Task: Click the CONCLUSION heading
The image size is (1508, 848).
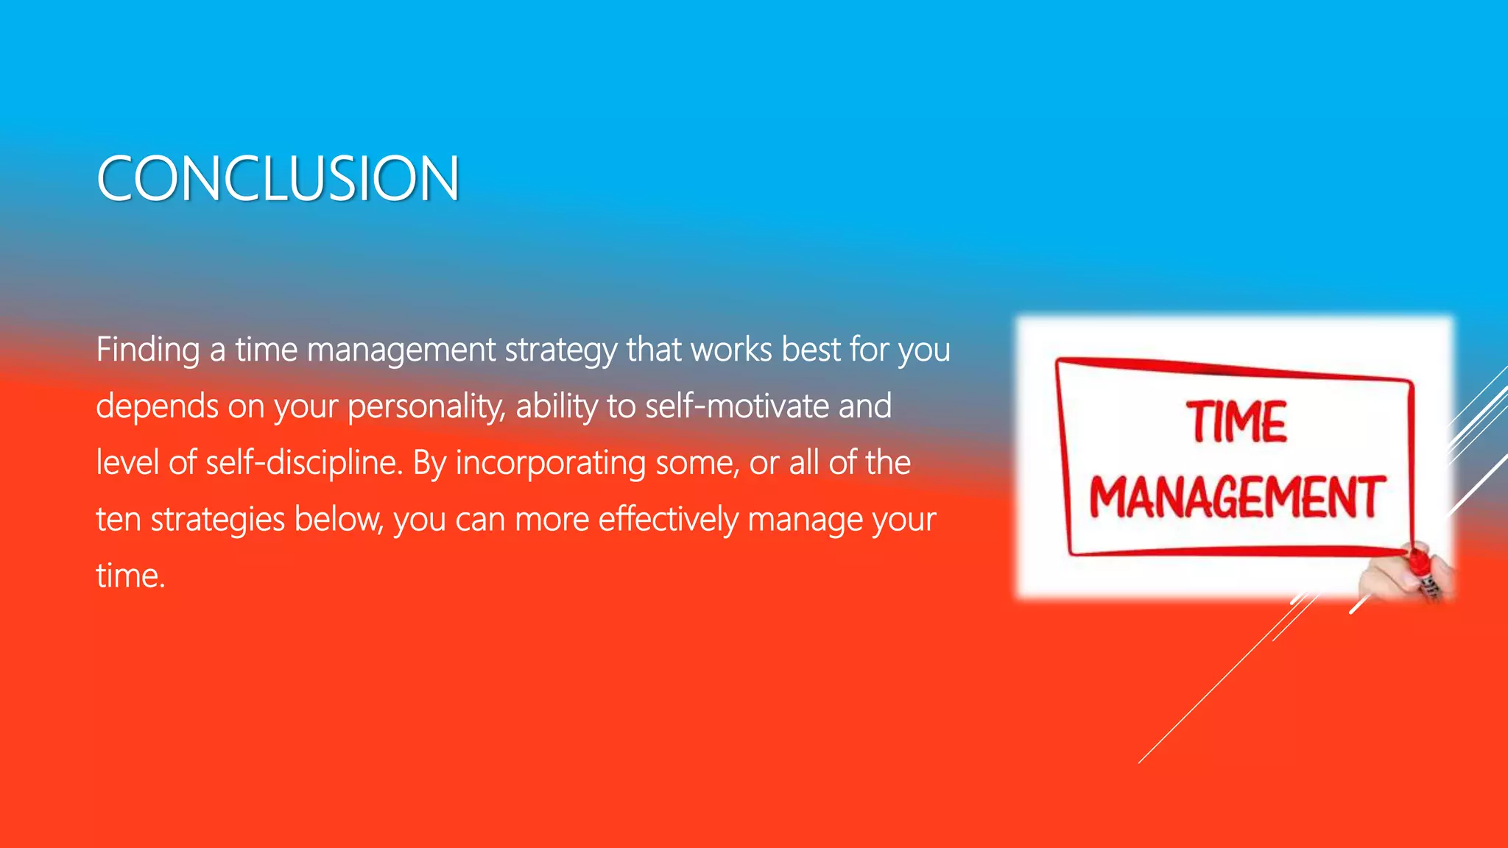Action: coord(278,179)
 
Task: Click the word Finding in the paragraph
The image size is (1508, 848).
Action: coord(147,349)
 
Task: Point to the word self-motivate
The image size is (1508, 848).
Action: coord(737,406)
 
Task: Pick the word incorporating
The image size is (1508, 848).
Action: coord(550,463)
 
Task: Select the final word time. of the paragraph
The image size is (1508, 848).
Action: coord(130,576)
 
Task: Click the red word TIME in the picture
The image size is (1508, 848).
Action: coord(1236,423)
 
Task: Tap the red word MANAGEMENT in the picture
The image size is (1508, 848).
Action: coord(1236,498)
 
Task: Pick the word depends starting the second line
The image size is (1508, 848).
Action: coord(157,406)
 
